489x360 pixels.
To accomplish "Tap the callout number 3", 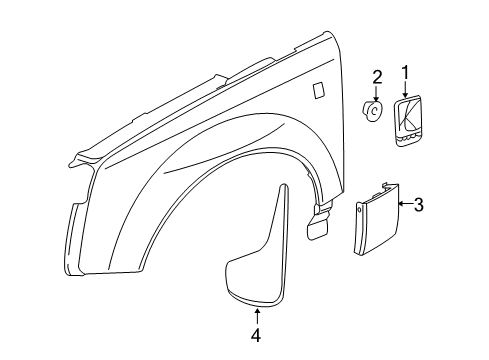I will [x=419, y=206].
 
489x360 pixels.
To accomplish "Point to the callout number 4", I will [x=256, y=336].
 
